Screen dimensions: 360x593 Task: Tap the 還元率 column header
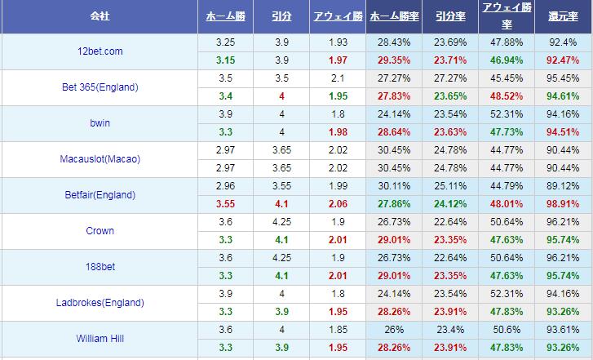coord(563,16)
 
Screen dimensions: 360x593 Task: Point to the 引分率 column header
coord(451,16)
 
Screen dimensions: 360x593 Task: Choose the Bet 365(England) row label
coord(100,87)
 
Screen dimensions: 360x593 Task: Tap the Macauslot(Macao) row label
coord(100,159)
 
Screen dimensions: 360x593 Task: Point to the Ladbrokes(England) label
coord(100,303)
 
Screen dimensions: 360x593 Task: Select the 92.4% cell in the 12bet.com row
coord(563,42)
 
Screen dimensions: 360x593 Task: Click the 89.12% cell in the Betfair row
coord(563,185)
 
